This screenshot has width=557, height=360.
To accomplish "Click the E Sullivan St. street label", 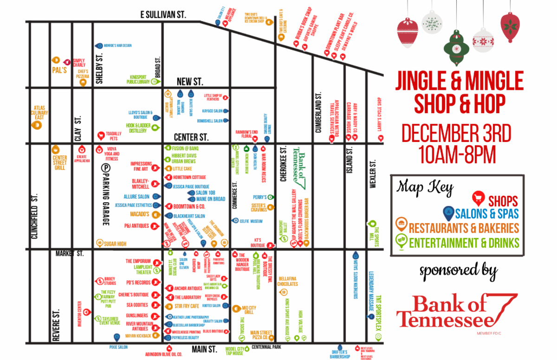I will pos(163,15).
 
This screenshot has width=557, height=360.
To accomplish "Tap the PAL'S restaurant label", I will pos(59,71).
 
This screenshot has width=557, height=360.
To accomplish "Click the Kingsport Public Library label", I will pos(138,79).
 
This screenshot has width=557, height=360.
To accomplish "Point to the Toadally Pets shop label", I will pos(110,135).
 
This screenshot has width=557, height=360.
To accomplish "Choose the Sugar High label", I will pos(115,243).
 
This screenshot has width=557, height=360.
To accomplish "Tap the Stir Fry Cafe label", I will pos(187,306).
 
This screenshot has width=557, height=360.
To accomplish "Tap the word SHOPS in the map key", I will pos(503,201).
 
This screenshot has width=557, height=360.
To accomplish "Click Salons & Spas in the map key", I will pos(487,214).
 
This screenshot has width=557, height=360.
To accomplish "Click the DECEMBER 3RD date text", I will pos(456,134).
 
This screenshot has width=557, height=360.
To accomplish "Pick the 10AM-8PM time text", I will pos(457,154).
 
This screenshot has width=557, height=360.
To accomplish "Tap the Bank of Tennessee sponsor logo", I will pos(457,311).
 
